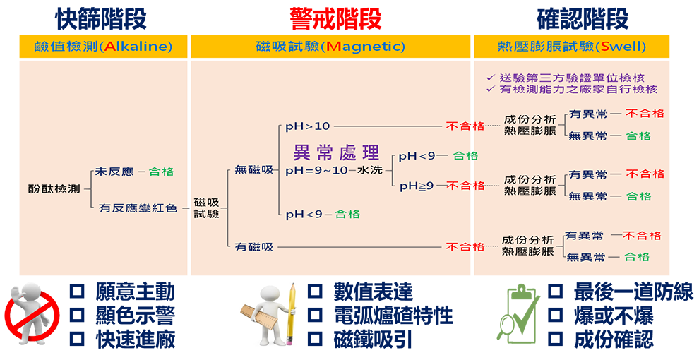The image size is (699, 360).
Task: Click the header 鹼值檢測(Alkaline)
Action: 103,47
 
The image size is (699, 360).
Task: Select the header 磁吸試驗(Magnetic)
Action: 330,47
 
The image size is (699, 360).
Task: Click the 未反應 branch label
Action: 112,172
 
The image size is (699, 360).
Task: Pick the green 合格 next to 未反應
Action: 161,172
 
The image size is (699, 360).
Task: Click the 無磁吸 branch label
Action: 253,170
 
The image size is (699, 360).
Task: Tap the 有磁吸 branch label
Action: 253,247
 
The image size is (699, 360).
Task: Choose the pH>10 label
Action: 307,126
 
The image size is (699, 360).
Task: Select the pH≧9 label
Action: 417,186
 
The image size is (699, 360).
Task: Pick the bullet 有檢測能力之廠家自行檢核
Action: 576,90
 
